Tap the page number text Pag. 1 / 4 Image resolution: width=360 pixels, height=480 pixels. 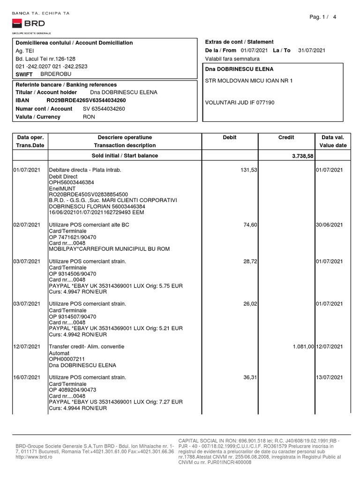coord(323,17)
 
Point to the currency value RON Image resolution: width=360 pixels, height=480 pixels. coord(89,117)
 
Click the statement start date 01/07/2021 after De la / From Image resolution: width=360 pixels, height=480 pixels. coord(255,50)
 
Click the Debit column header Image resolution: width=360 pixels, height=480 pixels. coord(230,137)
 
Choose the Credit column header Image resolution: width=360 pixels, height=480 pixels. coord(286,137)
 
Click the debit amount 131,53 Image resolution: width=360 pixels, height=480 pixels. coord(247,169)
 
